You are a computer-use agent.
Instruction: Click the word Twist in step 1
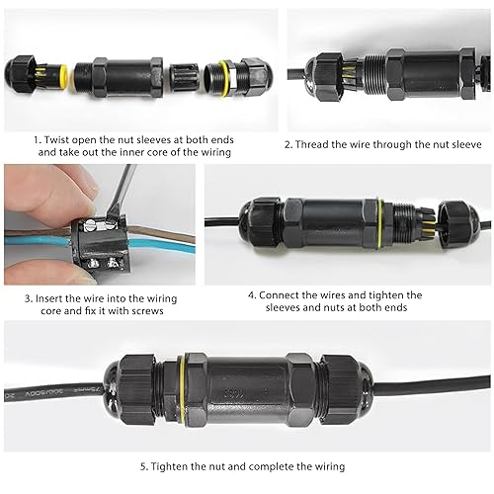pos(56,140)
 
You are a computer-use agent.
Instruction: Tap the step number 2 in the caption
pos(288,144)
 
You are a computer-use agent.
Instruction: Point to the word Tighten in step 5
pos(169,467)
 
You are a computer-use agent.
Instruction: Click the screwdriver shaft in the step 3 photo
pos(123,190)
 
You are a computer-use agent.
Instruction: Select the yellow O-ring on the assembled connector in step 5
pos(182,390)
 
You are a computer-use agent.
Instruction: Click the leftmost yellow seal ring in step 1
pos(62,78)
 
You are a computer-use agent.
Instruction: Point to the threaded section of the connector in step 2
pos(374,74)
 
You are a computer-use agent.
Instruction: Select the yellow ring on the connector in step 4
pos(380,224)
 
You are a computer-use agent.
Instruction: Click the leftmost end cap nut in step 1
pos(20,75)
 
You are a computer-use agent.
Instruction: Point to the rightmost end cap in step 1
pos(258,77)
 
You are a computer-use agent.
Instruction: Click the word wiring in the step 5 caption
pos(330,467)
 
